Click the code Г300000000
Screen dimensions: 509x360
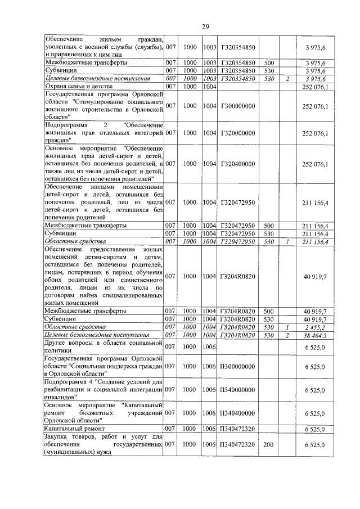point(238,106)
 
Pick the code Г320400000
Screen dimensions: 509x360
point(238,164)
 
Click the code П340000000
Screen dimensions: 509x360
point(238,390)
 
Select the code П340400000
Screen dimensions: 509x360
point(238,413)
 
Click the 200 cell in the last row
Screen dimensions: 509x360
point(268,445)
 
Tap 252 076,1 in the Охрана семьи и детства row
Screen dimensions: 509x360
point(315,87)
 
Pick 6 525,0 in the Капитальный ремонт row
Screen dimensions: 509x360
point(316,429)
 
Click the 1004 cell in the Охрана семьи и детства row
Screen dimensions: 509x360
point(209,87)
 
